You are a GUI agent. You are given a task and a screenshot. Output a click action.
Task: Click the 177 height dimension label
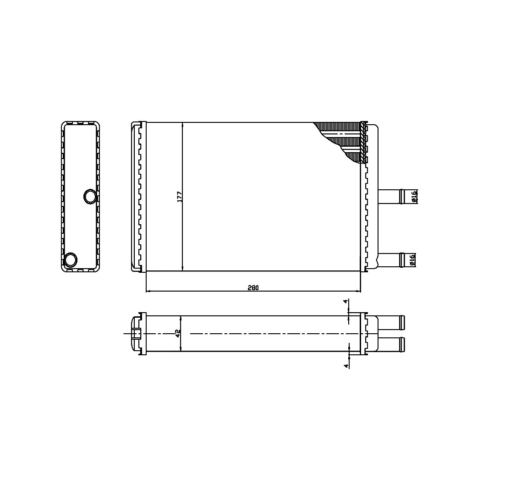coord(180,197)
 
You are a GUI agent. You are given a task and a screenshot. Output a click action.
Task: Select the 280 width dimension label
coord(253,287)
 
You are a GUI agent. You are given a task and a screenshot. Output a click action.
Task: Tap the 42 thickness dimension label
coord(178,333)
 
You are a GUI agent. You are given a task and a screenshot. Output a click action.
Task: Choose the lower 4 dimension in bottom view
coord(346,366)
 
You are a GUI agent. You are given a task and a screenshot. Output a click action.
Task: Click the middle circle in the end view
coord(90,196)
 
